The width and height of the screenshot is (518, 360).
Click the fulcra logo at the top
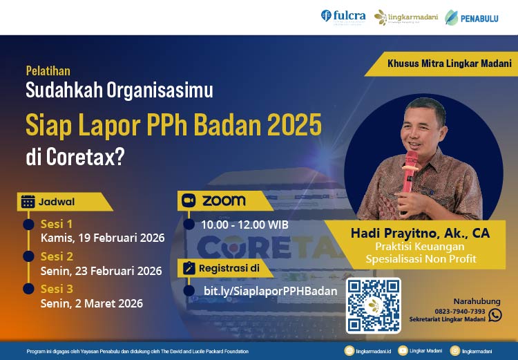click(x=343, y=16)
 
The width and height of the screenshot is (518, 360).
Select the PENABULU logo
click(x=472, y=17)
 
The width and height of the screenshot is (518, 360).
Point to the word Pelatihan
click(x=48, y=70)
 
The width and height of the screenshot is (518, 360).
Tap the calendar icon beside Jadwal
click(x=28, y=202)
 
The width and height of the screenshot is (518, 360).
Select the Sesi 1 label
click(x=57, y=224)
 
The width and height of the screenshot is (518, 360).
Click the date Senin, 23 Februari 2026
click(x=102, y=271)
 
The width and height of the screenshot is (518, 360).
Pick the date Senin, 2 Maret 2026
click(x=92, y=303)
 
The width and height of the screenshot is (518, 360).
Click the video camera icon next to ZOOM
click(x=189, y=201)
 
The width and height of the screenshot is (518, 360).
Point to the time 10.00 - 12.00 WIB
click(x=245, y=225)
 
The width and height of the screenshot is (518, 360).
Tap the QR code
click(x=374, y=305)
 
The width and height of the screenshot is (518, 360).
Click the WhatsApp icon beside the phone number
click(x=495, y=314)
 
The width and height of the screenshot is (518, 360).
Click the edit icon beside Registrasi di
click(x=188, y=267)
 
